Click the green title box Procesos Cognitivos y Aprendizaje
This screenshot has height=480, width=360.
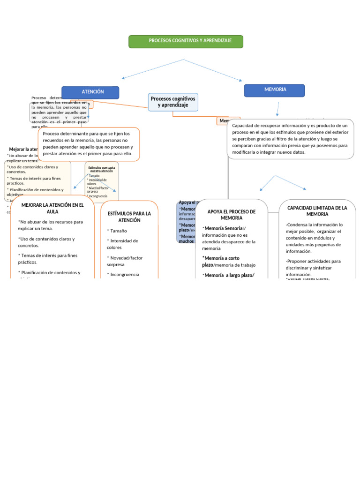tap(186, 41)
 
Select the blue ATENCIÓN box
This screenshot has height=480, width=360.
tap(90, 92)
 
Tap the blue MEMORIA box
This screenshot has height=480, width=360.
tap(275, 90)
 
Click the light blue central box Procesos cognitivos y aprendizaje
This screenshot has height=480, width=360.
tap(173, 102)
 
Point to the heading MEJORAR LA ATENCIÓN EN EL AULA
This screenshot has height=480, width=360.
tap(52, 208)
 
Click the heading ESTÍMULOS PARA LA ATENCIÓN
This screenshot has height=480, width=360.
tap(129, 217)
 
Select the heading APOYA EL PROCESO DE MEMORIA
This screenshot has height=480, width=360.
tap(232, 215)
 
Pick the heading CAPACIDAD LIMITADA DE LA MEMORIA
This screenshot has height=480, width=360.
tap(317, 210)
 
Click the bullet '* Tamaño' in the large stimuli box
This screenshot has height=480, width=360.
tap(117, 231)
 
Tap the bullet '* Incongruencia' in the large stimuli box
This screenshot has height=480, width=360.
tap(123, 275)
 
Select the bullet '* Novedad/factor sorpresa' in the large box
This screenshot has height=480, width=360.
tap(125, 261)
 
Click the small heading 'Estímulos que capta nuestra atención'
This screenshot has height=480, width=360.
tap(102, 169)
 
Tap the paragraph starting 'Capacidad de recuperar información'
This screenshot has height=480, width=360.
tap(290, 139)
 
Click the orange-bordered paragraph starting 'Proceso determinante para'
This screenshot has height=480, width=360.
tap(88, 143)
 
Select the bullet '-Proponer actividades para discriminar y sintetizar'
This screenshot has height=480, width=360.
tap(313, 268)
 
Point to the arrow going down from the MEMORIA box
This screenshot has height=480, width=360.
tap(277, 109)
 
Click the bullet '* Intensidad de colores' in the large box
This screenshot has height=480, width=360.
tap(122, 244)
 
